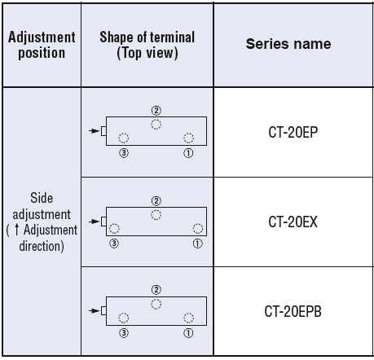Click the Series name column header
pos(288,44)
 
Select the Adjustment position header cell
pos(42,45)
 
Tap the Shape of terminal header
pos(147,45)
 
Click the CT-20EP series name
pos(293,132)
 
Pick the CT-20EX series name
pos(293,222)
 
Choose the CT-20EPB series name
pos(293,311)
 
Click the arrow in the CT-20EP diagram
pos(95,131)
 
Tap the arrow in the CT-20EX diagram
pos(95,222)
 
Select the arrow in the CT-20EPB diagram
pos(95,310)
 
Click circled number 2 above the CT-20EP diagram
pos(156,111)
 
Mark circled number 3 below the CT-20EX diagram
pos(114,244)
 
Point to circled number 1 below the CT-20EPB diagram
pos(188,333)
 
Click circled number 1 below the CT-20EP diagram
pos(188,153)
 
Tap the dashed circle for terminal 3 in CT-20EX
pos(114,224)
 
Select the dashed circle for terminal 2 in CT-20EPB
pos(156,299)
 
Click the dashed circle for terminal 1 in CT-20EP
pos(188,133)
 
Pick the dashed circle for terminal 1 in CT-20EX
pos(198,224)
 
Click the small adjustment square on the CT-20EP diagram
pos(103,131)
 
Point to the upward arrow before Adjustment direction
pos(17,230)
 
